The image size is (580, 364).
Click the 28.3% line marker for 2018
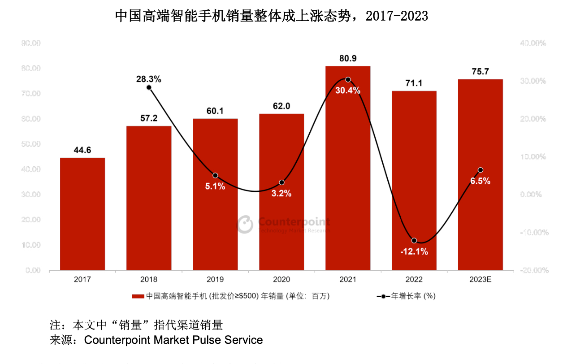[x=149, y=87]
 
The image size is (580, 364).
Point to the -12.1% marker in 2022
[x=414, y=241]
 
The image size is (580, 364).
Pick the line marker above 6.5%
[x=480, y=170]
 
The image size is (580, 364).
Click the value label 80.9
[x=348, y=58]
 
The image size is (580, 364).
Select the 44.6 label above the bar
[x=82, y=150]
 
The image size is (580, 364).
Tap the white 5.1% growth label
[x=215, y=186]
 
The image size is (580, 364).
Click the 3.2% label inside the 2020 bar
[x=281, y=194]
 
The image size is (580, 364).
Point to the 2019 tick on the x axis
[x=215, y=279]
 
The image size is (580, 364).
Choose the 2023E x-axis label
[x=480, y=279]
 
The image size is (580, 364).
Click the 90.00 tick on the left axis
[x=31, y=43]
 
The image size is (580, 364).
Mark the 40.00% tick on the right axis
[x=533, y=43]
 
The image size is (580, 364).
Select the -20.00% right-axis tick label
[x=533, y=270]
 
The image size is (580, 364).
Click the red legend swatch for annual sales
[x=138, y=296]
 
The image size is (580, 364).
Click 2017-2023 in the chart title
[x=397, y=16]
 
